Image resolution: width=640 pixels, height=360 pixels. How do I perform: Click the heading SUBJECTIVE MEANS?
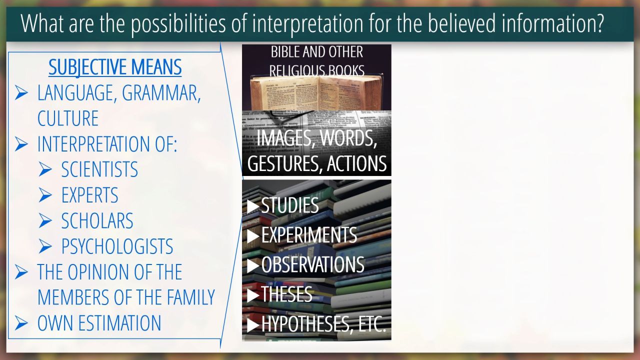coord(115,67)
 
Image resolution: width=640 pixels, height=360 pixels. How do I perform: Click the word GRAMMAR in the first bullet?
coord(161,93)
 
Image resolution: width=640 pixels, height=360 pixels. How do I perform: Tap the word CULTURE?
coord(68,118)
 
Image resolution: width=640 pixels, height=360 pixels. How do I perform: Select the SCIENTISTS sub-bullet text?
coord(99,169)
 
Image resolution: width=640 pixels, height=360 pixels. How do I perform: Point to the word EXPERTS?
coord(89,195)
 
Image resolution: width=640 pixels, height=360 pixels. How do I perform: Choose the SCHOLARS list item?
coord(97,220)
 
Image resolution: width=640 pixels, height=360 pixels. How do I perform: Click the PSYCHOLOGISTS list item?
coord(117,246)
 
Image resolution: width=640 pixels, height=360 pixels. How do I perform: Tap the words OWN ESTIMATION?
coord(99,323)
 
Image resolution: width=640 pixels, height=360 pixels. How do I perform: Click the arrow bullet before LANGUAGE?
coord(21,93)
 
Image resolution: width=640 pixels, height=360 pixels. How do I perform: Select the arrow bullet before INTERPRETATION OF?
coord(21,144)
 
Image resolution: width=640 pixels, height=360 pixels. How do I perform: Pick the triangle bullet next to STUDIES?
coord(253,206)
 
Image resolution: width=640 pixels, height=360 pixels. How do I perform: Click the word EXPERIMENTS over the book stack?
coord(309,235)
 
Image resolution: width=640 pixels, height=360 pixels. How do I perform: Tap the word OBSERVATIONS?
coord(313,264)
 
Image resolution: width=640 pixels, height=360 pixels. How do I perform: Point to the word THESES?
coord(286,294)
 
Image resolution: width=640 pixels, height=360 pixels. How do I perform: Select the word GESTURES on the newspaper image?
coord(285,163)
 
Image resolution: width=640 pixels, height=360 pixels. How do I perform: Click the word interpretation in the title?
coord(307,23)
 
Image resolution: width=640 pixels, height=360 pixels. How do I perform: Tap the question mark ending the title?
coord(599,23)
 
